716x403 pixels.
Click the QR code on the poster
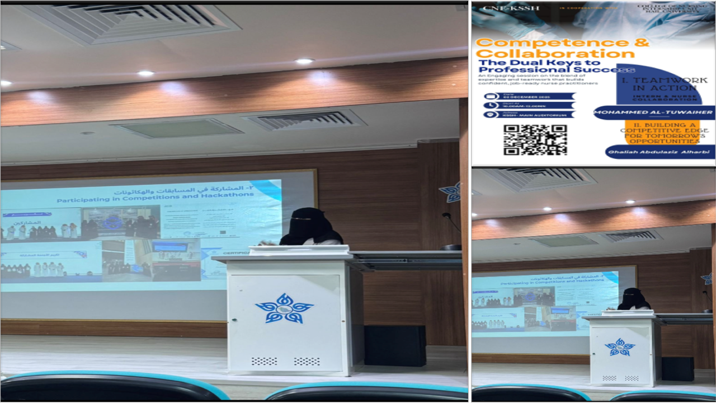(535, 139)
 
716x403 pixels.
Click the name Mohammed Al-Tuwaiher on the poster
(653, 112)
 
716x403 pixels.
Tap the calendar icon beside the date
(491, 96)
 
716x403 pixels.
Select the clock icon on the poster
(491, 105)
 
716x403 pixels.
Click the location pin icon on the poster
(491, 115)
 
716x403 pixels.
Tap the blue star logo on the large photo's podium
(284, 308)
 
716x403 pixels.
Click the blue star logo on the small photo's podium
(620, 347)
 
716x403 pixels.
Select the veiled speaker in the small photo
(633, 299)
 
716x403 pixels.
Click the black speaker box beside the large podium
(395, 345)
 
